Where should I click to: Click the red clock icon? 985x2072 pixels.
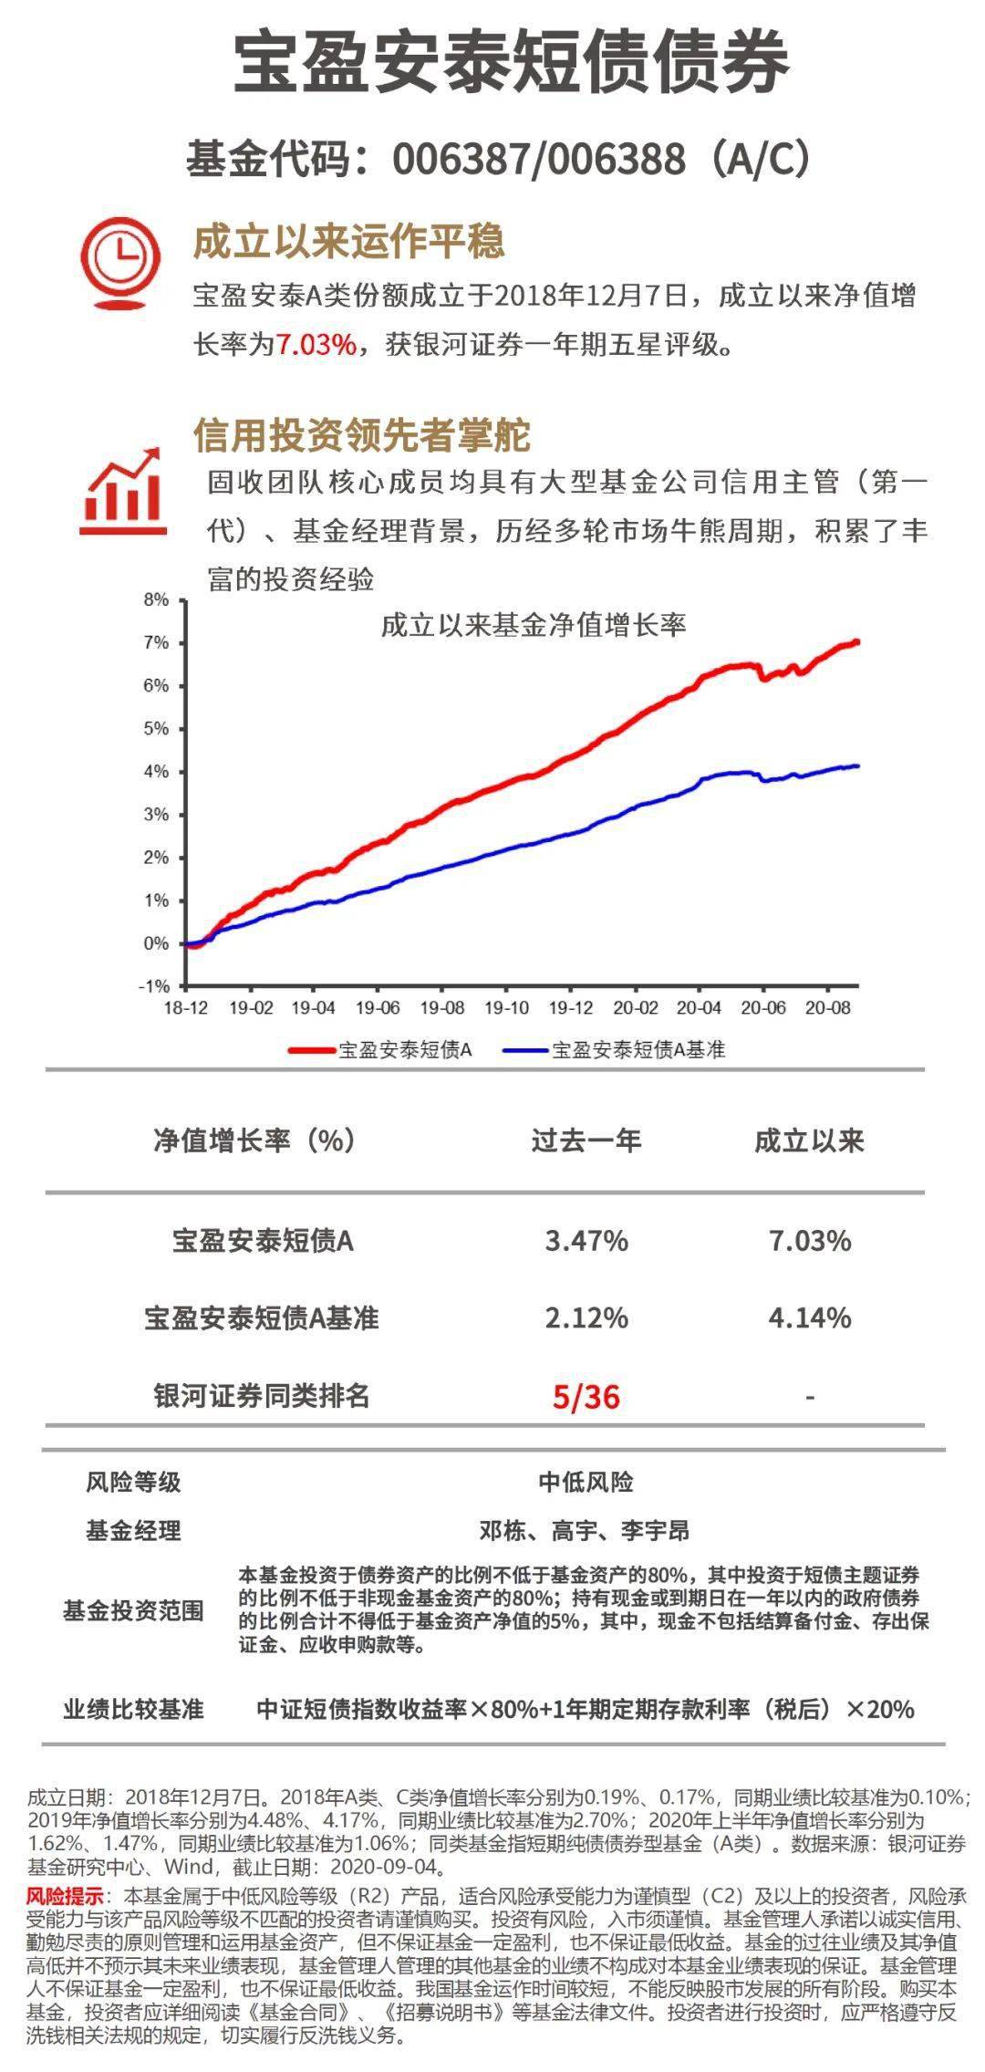pyautogui.click(x=121, y=260)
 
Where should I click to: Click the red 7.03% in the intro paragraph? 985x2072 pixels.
pyautogui.click(x=316, y=345)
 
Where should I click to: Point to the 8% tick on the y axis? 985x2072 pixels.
pyautogui.click(x=156, y=600)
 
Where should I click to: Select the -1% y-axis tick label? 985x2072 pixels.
pyautogui.click(x=154, y=986)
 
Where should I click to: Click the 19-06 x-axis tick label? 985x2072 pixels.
pyautogui.click(x=378, y=1008)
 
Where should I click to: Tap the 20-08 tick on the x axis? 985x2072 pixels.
pyautogui.click(x=827, y=1008)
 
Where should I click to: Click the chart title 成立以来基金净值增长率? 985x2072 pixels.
pyautogui.click(x=534, y=626)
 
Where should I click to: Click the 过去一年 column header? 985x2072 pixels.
pyautogui.click(x=586, y=1140)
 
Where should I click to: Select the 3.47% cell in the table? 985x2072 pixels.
pyautogui.click(x=586, y=1241)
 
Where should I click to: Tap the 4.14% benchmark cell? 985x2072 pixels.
pyautogui.click(x=810, y=1318)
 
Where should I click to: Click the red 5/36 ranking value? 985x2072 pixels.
pyautogui.click(x=586, y=1397)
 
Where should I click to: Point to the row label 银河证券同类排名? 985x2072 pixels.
pyautogui.click(x=262, y=1396)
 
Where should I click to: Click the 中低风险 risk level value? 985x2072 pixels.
pyautogui.click(x=586, y=1482)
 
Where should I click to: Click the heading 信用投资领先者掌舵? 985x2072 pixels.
pyautogui.click(x=361, y=436)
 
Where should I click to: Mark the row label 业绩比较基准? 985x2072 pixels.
pyautogui.click(x=133, y=1710)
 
